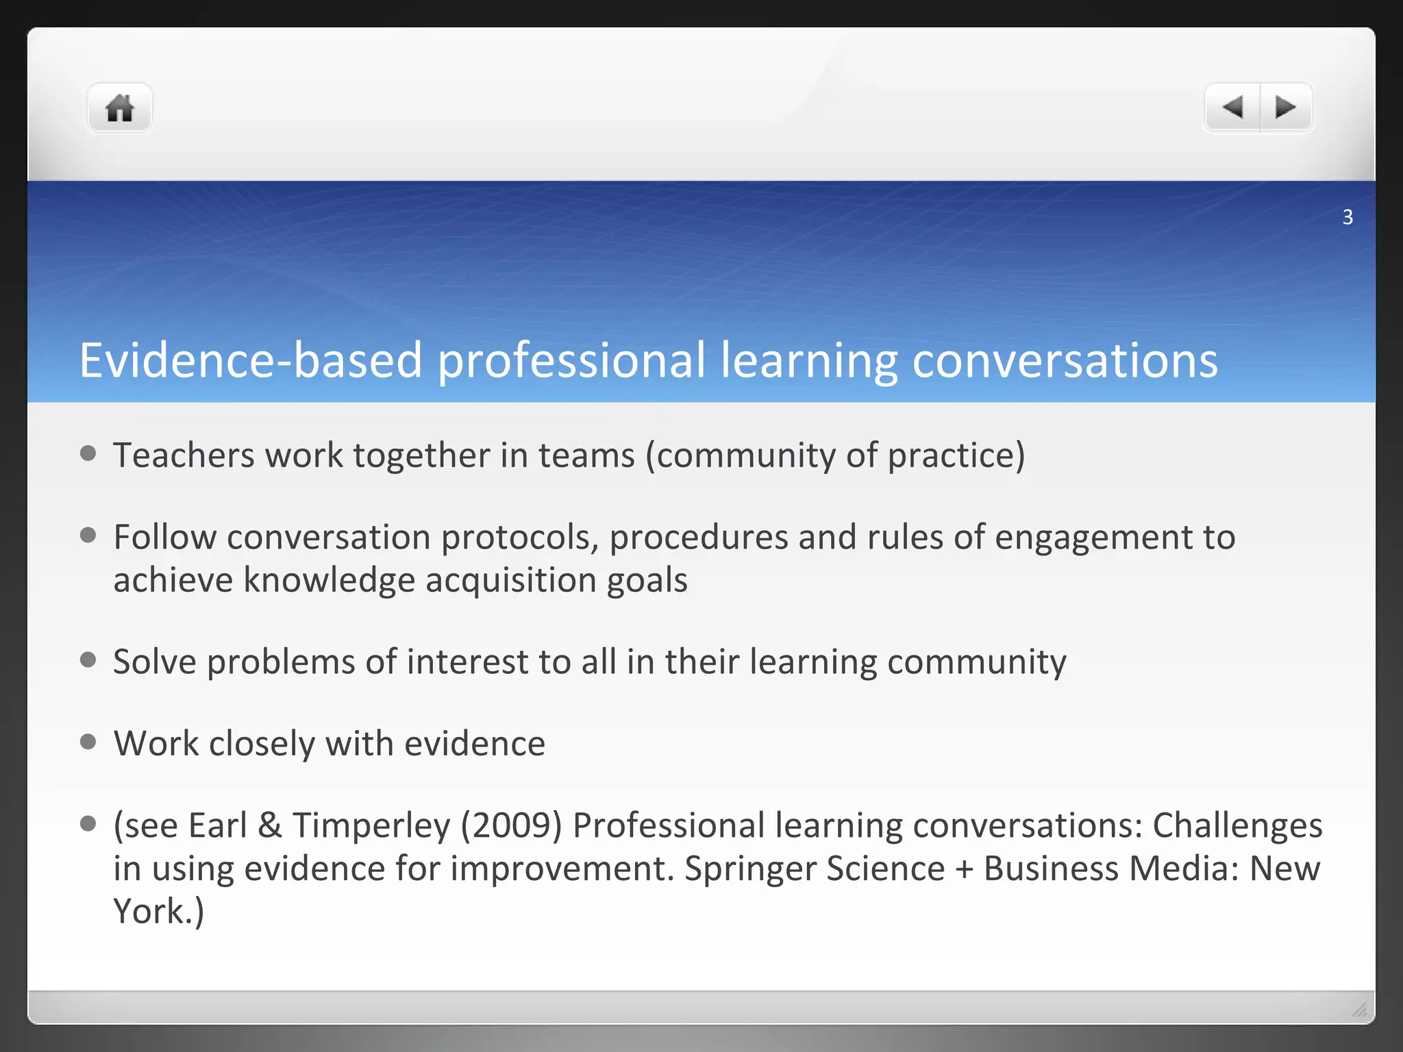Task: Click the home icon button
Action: point(119,108)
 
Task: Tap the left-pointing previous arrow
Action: point(1232,108)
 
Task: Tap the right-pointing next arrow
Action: point(1285,108)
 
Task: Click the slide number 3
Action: point(1347,217)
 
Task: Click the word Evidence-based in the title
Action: point(250,361)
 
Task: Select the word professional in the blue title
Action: point(571,361)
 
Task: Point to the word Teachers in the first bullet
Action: point(184,455)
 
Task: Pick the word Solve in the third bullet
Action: point(155,662)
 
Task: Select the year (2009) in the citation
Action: point(511,826)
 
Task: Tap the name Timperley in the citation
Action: point(371,826)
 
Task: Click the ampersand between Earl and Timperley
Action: point(269,826)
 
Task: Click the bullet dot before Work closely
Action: point(88,742)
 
